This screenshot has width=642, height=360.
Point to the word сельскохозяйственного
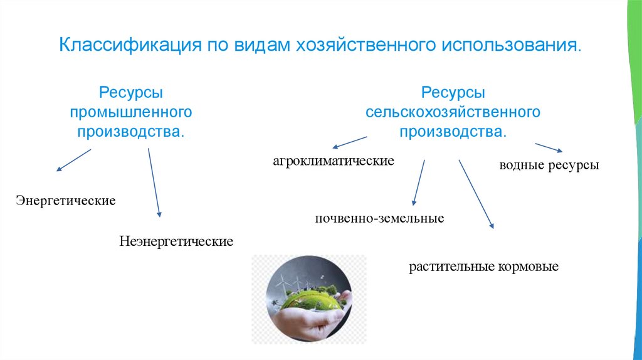coord(453,113)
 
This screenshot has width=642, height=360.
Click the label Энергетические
coord(66,201)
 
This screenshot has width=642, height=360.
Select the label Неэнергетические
coord(176,241)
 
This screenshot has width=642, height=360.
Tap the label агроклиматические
coord(333,161)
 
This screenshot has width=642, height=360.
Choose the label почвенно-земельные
coord(380,219)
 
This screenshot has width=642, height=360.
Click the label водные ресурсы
coord(549,166)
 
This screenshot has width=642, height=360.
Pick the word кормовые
coord(529,267)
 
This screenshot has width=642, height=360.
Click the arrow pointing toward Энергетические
coord(73,160)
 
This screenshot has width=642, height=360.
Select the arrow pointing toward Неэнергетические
coord(154,183)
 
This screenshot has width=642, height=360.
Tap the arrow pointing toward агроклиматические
coord(349,142)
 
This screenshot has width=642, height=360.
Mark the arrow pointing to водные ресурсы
coord(549,147)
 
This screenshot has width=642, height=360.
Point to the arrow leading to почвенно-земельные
coord(418,183)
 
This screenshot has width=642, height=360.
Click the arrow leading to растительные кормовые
coord(476,194)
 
